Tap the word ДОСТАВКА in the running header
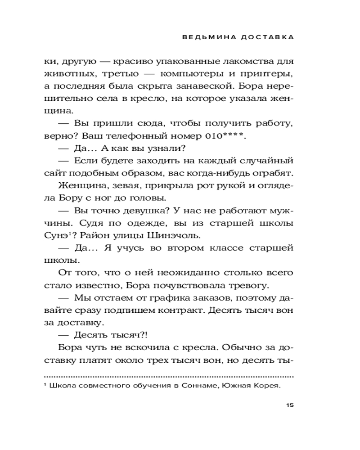[268, 38]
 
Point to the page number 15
[289, 405]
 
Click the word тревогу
[250, 285]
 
